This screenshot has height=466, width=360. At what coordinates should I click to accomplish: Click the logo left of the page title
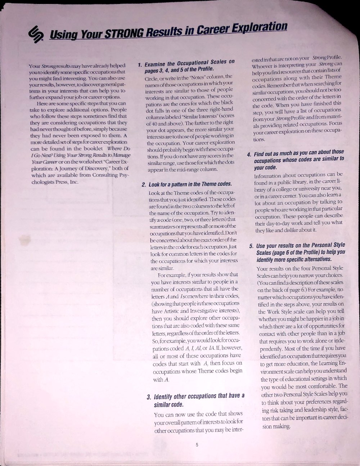[x=36, y=34]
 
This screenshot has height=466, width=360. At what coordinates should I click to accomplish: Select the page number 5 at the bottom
[x=197, y=444]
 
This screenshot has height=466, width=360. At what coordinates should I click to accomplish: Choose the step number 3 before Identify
[x=149, y=397]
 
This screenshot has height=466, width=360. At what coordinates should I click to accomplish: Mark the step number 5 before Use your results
[x=251, y=247]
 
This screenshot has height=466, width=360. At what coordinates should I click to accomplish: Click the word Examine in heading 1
[x=156, y=64]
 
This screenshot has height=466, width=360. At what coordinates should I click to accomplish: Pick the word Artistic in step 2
[x=172, y=311]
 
